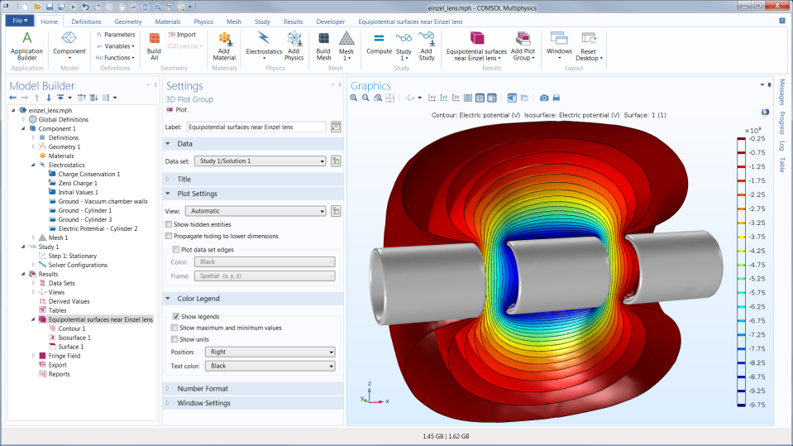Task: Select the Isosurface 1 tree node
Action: (74, 338)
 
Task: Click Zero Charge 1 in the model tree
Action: (78, 183)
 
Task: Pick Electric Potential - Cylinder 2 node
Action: (98, 228)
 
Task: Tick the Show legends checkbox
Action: (175, 316)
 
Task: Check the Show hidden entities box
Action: (169, 224)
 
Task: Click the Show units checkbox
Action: (175, 339)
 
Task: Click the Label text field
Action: (256, 127)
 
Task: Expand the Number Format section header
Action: (203, 388)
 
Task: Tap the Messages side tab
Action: (782, 93)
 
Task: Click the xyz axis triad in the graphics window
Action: (370, 394)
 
